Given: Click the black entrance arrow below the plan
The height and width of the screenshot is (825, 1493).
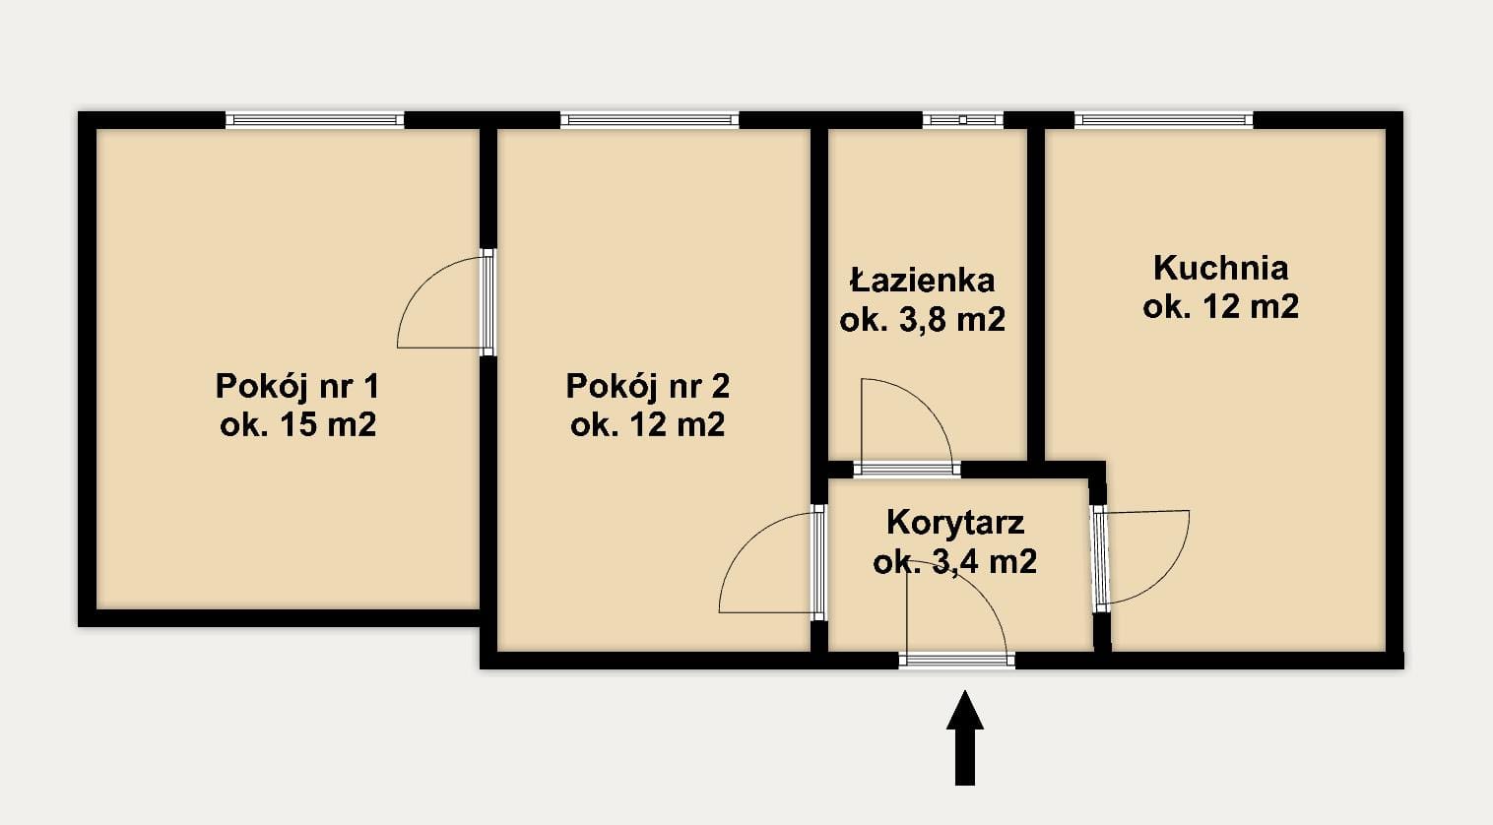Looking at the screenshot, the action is tap(964, 738).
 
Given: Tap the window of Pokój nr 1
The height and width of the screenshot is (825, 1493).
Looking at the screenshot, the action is tap(315, 120).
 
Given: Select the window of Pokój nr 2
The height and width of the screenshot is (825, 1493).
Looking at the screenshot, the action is tap(650, 120).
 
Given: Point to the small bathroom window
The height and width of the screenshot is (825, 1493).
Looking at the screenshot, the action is tap(963, 120).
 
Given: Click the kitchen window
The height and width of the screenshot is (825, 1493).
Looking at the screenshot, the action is tap(1164, 120).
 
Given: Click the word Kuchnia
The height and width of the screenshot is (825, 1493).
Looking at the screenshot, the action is tap(1220, 268).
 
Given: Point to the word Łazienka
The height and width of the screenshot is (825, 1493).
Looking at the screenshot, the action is tap(923, 280).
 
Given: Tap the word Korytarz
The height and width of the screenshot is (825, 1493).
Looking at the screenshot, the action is tap(955, 523).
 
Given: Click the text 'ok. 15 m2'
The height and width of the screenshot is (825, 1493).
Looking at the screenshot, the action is tap(298, 425).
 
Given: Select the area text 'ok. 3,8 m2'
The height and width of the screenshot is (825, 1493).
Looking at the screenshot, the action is tap(923, 321).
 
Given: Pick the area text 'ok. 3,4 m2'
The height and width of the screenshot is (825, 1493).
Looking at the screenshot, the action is tap(955, 562).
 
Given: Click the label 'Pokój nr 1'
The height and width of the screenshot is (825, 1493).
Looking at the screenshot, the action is tap(297, 387).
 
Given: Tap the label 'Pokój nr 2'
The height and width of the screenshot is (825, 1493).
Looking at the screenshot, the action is tap(648, 387).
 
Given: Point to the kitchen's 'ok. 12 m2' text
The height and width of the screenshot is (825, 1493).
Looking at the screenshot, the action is tap(1220, 307).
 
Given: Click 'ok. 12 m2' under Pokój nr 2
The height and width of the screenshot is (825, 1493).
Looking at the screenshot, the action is tap(648, 425).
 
